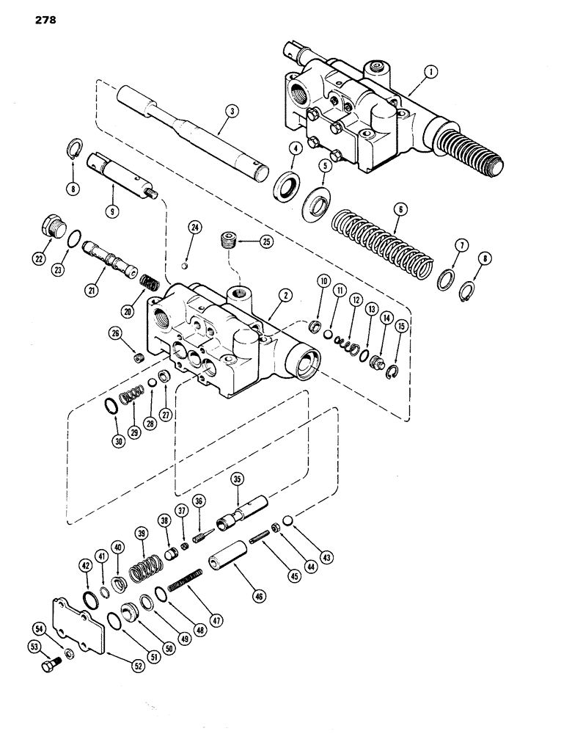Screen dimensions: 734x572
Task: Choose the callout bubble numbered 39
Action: (140, 533)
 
